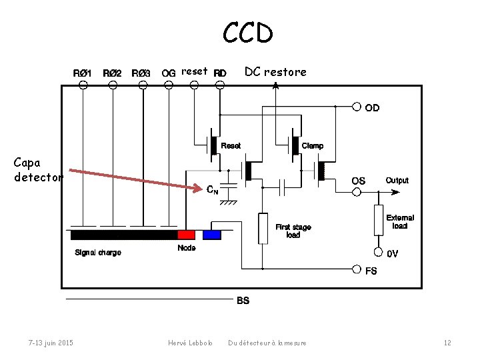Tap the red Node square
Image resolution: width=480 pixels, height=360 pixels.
[186, 235]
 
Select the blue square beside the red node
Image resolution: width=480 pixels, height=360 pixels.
[212, 235]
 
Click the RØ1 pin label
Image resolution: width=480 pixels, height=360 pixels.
[83, 73]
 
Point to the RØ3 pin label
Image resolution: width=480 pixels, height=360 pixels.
[141, 73]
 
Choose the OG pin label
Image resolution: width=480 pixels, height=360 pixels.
[168, 73]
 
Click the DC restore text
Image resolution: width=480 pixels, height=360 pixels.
[275, 72]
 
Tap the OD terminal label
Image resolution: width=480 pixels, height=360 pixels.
[373, 107]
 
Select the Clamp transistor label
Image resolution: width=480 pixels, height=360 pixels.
[313, 145]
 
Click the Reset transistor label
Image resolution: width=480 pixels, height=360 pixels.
[231, 145]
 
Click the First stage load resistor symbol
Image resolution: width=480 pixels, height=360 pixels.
[263, 227]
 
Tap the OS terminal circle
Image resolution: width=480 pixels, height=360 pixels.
[357, 192]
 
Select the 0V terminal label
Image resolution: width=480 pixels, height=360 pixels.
[393, 253]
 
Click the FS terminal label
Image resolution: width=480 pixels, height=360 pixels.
[371, 271]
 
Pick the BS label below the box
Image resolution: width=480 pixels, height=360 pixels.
[243, 301]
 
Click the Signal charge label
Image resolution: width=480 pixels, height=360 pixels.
[98, 253]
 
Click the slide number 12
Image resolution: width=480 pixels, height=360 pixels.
[447, 343]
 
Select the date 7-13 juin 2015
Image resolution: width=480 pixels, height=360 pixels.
[51, 343]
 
